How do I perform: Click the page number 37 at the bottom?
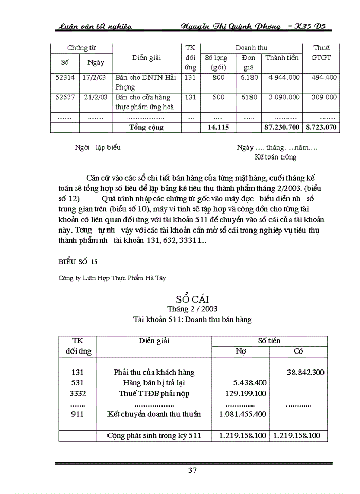click(x=192, y=470)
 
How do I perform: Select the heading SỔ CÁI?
click(x=192, y=298)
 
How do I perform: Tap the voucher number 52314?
click(x=65, y=77)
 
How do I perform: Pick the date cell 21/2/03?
click(x=96, y=97)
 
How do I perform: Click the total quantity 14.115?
click(x=218, y=127)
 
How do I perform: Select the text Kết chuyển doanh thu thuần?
click(x=154, y=414)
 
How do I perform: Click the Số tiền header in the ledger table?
click(x=269, y=341)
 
